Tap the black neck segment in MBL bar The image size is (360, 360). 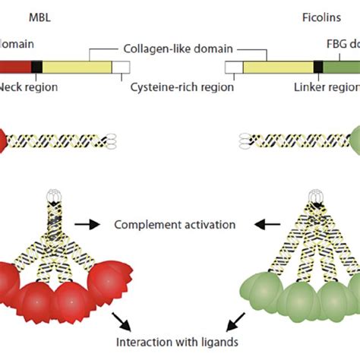click(x=36, y=68)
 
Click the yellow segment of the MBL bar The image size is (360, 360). click(x=77, y=68)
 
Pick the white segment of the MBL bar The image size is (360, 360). click(x=121, y=68)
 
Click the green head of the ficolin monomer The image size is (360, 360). click(x=355, y=141)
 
